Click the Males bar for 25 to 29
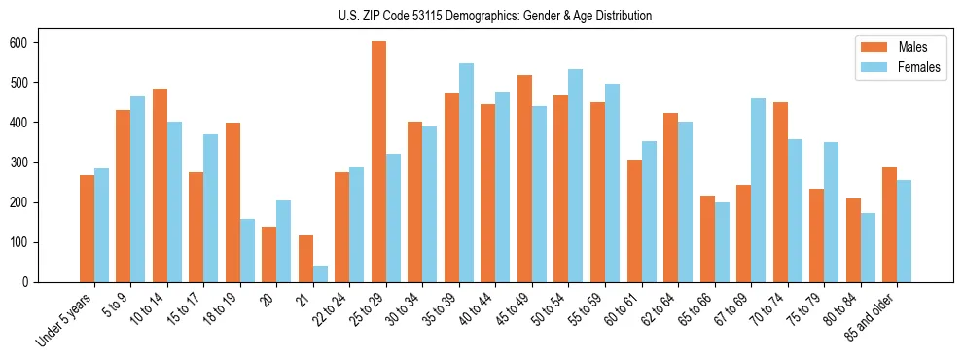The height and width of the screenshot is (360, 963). click(379, 162)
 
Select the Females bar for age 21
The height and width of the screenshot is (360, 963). click(320, 273)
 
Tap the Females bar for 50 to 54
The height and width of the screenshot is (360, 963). click(576, 175)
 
